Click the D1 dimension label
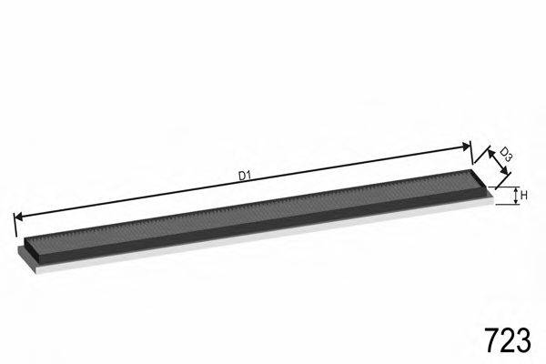coord(245,176)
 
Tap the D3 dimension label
coord(506,155)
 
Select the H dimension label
coord(524,196)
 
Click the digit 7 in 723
coord(492,340)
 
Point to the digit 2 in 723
coord(508,340)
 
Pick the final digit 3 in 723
coord(524,340)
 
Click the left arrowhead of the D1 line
coord(18,217)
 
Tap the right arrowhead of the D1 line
coord(466,147)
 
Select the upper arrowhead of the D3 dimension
coord(490,153)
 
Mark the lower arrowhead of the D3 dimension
coord(504,170)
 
